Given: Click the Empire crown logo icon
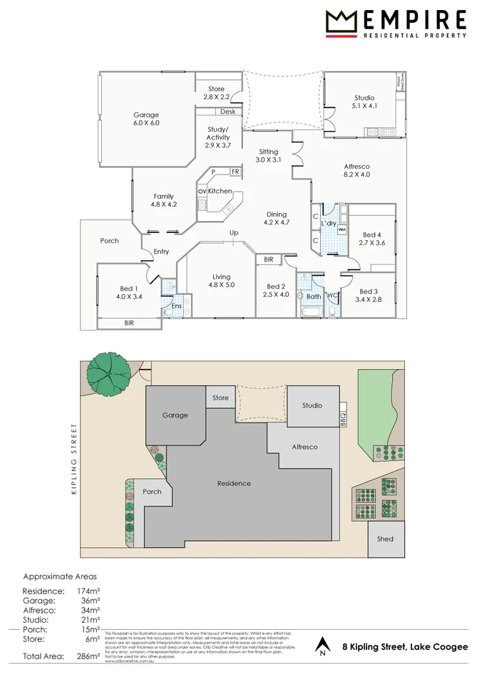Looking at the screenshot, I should (x=340, y=23).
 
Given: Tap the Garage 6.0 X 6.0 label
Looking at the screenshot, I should (x=146, y=119).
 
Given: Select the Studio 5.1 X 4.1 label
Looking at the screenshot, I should (x=364, y=102).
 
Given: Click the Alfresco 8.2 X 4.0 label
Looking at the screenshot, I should (x=357, y=170).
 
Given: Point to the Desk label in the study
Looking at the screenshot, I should (x=227, y=112).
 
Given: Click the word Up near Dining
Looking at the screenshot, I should (x=233, y=233).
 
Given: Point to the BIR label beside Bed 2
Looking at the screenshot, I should (x=268, y=260).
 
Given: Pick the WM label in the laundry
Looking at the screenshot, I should (x=342, y=230).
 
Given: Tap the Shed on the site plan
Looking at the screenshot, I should (x=385, y=539).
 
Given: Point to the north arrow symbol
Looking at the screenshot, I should (x=322, y=646).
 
